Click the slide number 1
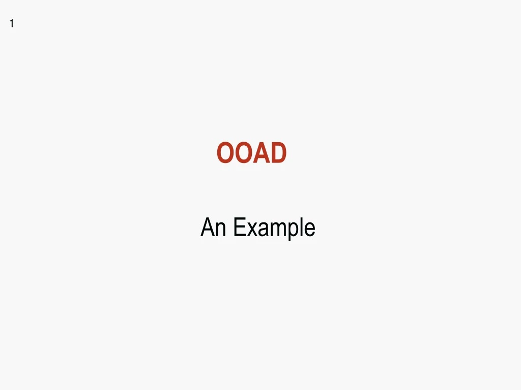coord(11,24)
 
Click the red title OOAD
coord(251,153)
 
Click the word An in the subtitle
coord(213,227)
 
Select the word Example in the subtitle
coord(274,227)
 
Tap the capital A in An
coord(208,227)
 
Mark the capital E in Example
coord(239,227)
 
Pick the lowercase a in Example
coord(262,230)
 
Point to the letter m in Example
coord(277,230)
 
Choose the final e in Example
coord(309,230)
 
